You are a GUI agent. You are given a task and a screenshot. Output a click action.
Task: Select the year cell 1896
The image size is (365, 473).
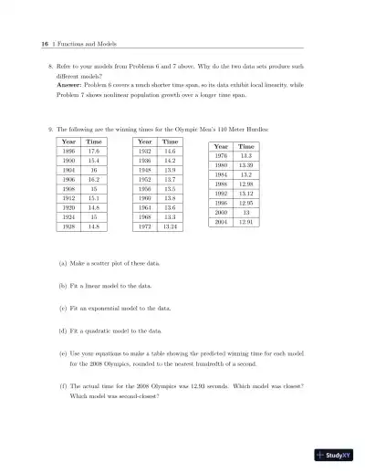(68, 152)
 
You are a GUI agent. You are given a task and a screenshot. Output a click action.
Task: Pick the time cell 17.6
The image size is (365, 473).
(94, 152)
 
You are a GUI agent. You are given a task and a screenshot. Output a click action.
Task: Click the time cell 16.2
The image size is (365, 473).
(94, 181)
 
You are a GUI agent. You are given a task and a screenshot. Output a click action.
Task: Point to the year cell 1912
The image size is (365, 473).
(68, 199)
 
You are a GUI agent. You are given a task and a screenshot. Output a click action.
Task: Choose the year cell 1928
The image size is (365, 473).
(68, 227)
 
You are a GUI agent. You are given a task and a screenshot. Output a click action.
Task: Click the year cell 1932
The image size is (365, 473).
(144, 152)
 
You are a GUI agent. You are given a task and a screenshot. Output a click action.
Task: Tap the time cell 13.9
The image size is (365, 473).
(170, 171)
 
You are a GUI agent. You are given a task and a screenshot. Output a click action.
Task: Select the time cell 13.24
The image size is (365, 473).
(170, 227)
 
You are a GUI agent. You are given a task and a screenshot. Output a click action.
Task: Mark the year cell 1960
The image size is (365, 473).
(144, 199)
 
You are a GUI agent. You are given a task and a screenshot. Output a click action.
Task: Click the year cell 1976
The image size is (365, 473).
(221, 156)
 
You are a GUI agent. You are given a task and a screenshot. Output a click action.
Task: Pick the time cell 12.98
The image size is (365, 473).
(246, 184)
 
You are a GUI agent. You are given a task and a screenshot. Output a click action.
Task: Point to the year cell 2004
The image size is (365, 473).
(221, 222)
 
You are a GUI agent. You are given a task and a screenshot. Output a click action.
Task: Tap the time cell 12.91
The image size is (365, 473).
(246, 222)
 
